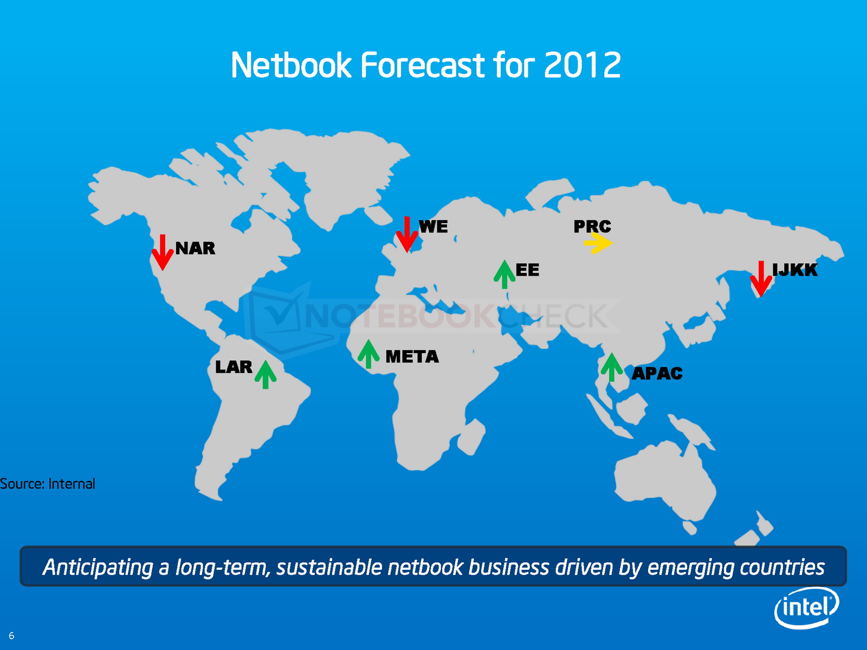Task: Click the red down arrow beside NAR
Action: tap(163, 252)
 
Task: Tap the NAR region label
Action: tap(195, 248)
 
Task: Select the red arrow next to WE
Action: tap(407, 235)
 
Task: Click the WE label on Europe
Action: tap(433, 226)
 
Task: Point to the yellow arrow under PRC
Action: tap(598, 243)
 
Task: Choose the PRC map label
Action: tap(592, 226)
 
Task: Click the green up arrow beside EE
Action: tap(504, 274)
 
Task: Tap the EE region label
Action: tap(527, 270)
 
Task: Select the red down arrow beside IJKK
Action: tap(761, 279)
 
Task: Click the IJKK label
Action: tap(795, 270)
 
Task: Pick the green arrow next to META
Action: tap(368, 354)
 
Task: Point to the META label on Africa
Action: tap(412, 357)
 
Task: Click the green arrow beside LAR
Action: tap(266, 374)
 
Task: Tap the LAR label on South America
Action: tap(234, 367)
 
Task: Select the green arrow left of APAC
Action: tap(611, 367)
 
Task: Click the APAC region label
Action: tap(657, 373)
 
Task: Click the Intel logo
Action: tap(806, 608)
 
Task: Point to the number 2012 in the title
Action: tap(582, 64)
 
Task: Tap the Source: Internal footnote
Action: tap(47, 484)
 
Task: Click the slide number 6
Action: tap(11, 636)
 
